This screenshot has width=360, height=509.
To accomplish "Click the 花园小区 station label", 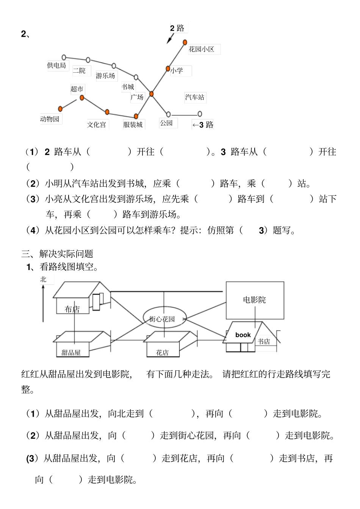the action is (x=202, y=49).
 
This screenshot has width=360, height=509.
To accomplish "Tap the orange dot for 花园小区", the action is (x=185, y=42).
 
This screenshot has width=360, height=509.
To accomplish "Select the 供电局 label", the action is (x=56, y=66).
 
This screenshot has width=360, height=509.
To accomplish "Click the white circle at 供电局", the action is (x=64, y=57).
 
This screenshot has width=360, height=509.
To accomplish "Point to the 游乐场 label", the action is (x=105, y=76).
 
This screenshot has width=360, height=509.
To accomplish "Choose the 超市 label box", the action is (x=77, y=89).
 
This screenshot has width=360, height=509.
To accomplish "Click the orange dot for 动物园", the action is (x=60, y=109).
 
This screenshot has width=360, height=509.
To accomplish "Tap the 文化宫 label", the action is (x=97, y=125).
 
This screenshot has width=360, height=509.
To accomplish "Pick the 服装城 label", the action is (x=133, y=125).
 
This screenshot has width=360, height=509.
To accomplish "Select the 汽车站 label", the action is (x=195, y=97).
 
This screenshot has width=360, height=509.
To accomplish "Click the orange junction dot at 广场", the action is (x=151, y=94).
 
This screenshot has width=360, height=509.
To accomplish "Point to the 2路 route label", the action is (x=177, y=28).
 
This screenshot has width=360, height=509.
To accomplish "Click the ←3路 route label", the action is (x=203, y=125).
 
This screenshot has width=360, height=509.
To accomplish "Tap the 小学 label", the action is (x=177, y=70).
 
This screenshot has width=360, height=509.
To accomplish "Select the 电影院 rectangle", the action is (x=255, y=300).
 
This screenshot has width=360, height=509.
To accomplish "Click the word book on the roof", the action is (x=243, y=335).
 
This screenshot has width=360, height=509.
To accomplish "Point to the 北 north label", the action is (x=44, y=279).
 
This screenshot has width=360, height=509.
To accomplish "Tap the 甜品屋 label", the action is (x=71, y=353).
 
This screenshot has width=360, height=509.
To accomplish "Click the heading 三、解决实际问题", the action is (x=57, y=254).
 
